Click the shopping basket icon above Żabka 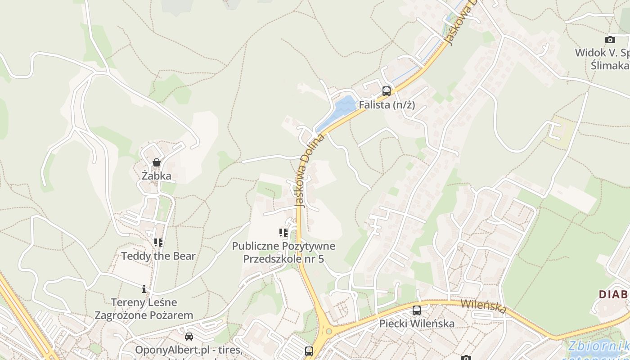(x=157, y=162)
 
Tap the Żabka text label (x=157, y=175)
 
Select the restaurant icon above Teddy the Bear (x=158, y=243)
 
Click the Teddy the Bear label (x=158, y=256)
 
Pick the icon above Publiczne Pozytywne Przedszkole (x=283, y=233)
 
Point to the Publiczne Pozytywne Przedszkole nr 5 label (x=283, y=252)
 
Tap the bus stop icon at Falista (x=386, y=91)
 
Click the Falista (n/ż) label (x=387, y=105)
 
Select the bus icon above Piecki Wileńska (x=417, y=310)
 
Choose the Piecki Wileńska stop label (x=417, y=323)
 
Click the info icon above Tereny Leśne (x=144, y=289)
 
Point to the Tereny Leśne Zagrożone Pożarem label (x=144, y=309)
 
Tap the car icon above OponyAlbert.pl (x=189, y=337)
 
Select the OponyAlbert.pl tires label (x=189, y=350)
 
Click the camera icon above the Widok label (x=610, y=40)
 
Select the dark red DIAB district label (x=614, y=295)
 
